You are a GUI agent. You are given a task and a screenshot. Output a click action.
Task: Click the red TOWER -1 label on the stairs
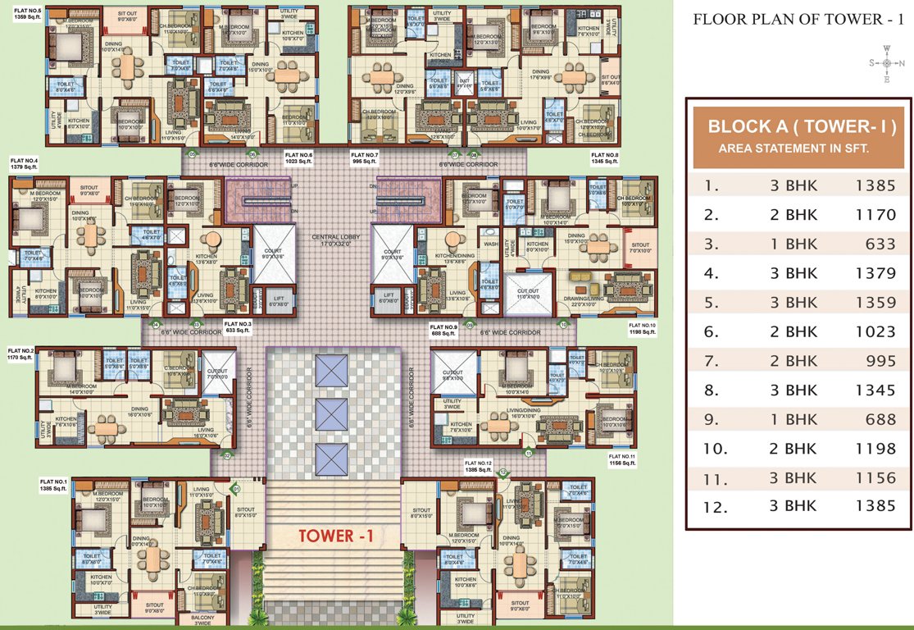click(337, 536)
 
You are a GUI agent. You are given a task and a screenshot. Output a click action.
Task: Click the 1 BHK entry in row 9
click(793, 419)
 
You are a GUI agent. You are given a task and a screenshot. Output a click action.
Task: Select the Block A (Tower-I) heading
click(800, 127)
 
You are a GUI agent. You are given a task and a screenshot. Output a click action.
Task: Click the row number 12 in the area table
click(715, 506)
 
